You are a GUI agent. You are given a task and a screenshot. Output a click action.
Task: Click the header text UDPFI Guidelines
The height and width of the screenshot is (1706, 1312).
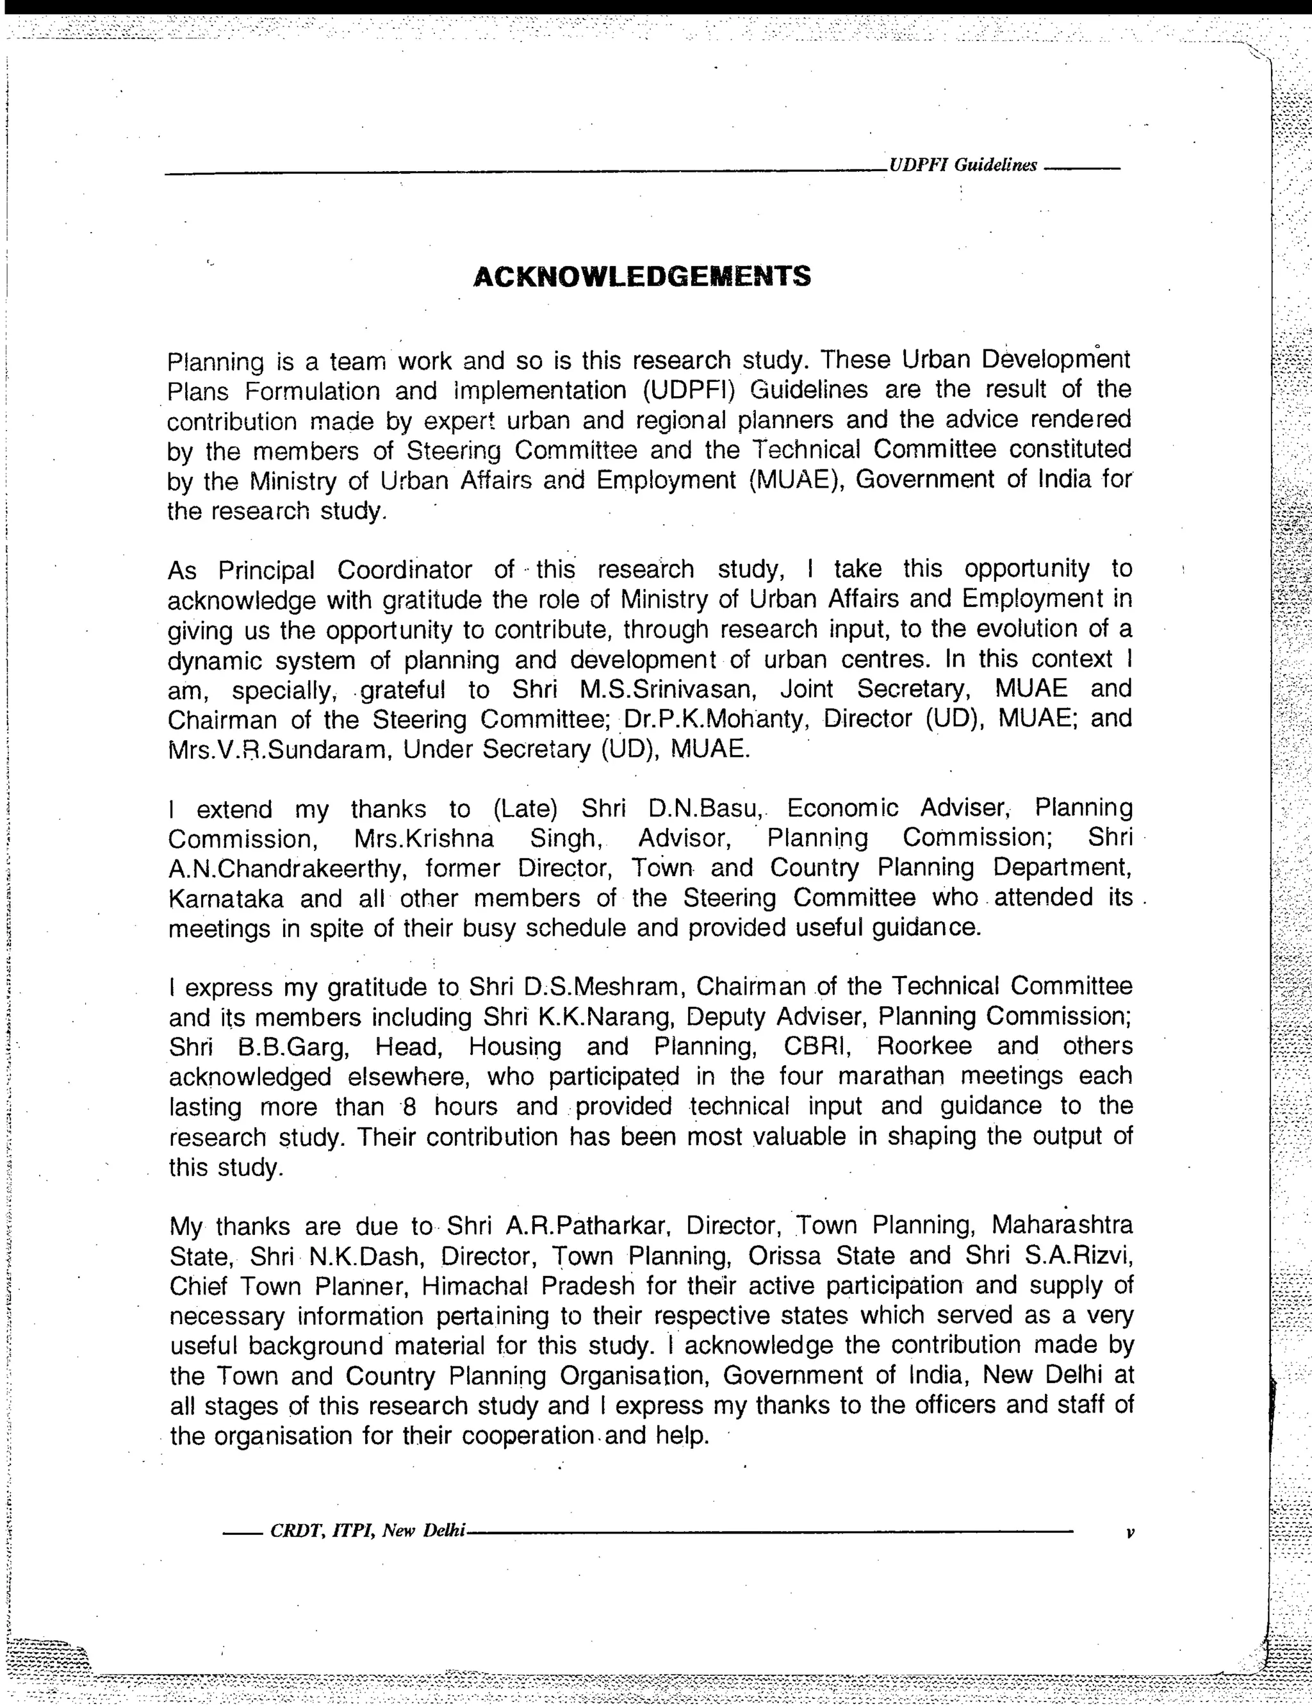[x=962, y=165]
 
